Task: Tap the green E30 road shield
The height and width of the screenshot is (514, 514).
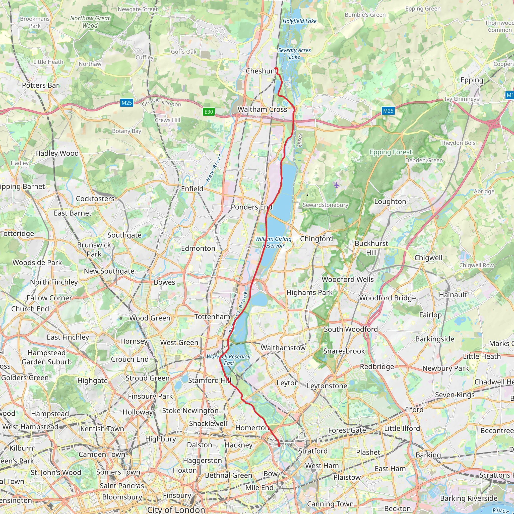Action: [209, 112]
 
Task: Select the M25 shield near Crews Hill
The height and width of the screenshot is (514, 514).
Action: [127, 103]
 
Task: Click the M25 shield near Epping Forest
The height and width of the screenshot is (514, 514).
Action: [388, 111]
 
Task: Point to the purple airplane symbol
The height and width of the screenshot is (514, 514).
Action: [337, 185]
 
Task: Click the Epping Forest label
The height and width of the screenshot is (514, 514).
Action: [391, 152]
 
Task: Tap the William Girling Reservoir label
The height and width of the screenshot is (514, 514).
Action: [273, 242]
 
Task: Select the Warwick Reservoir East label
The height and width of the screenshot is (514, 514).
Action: [229, 360]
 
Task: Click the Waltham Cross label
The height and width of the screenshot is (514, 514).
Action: [262, 109]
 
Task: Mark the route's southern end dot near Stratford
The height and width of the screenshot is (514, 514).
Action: [279, 445]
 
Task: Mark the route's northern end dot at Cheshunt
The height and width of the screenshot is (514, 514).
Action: [276, 69]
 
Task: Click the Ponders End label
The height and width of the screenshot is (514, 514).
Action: [251, 207]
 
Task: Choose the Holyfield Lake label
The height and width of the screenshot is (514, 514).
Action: [299, 21]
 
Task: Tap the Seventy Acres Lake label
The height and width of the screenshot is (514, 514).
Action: [294, 53]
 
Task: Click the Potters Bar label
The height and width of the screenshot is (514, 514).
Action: [40, 85]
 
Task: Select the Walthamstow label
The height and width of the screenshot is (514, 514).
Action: [283, 348]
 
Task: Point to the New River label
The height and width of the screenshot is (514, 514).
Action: [214, 168]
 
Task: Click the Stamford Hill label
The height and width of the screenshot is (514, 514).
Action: [210, 380]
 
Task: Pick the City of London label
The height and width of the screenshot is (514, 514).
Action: [176, 509]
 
